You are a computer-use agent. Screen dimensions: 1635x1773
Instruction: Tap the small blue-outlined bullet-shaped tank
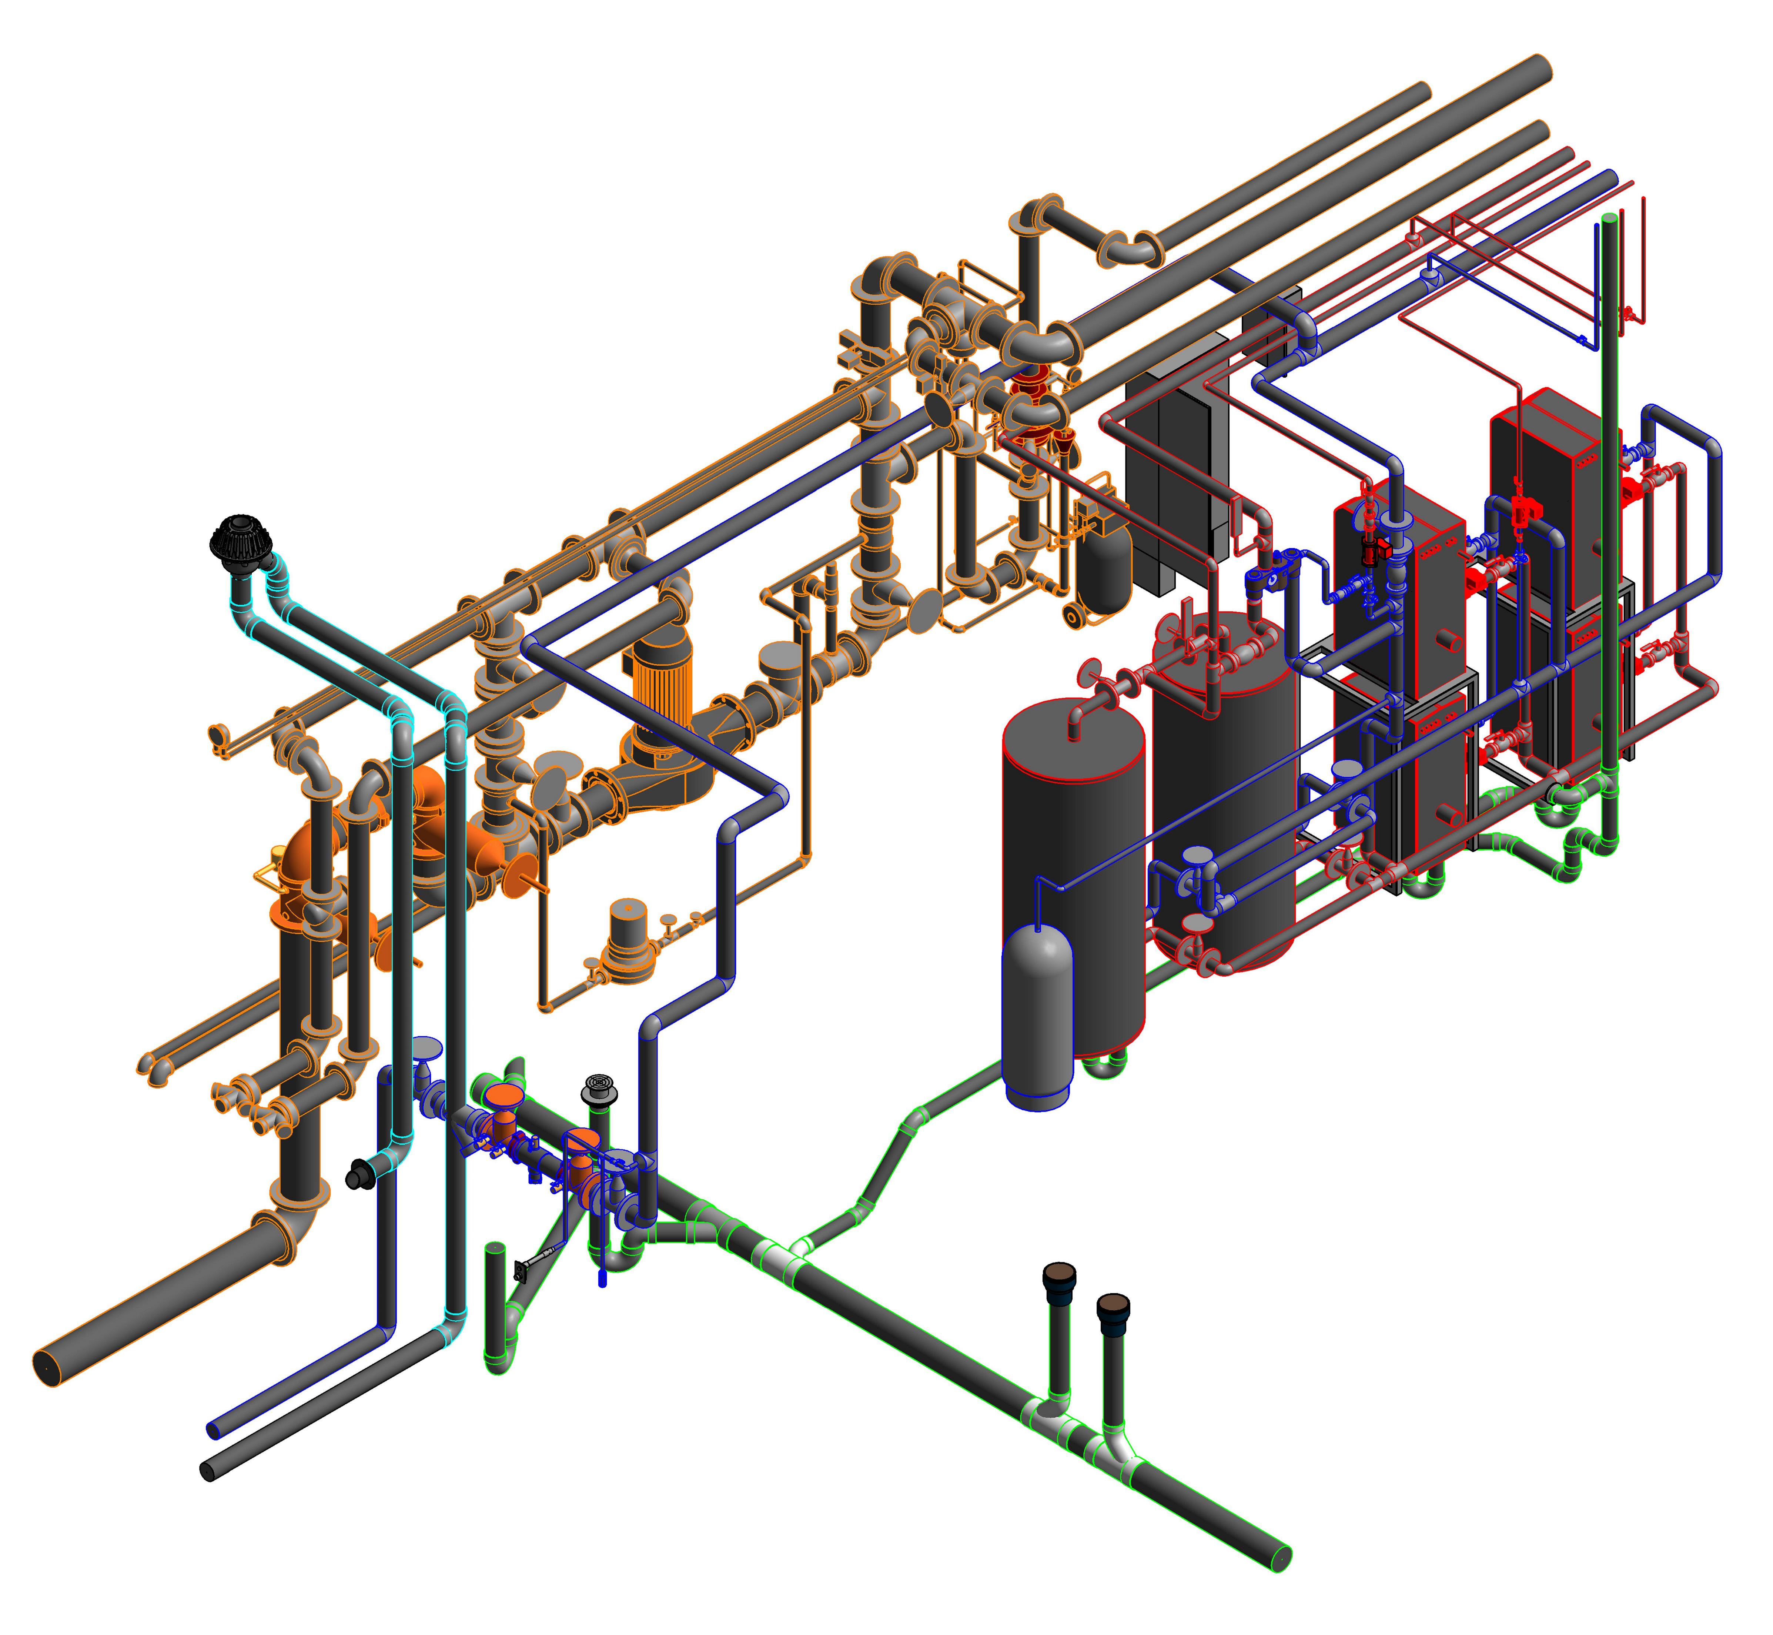point(1037,1016)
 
